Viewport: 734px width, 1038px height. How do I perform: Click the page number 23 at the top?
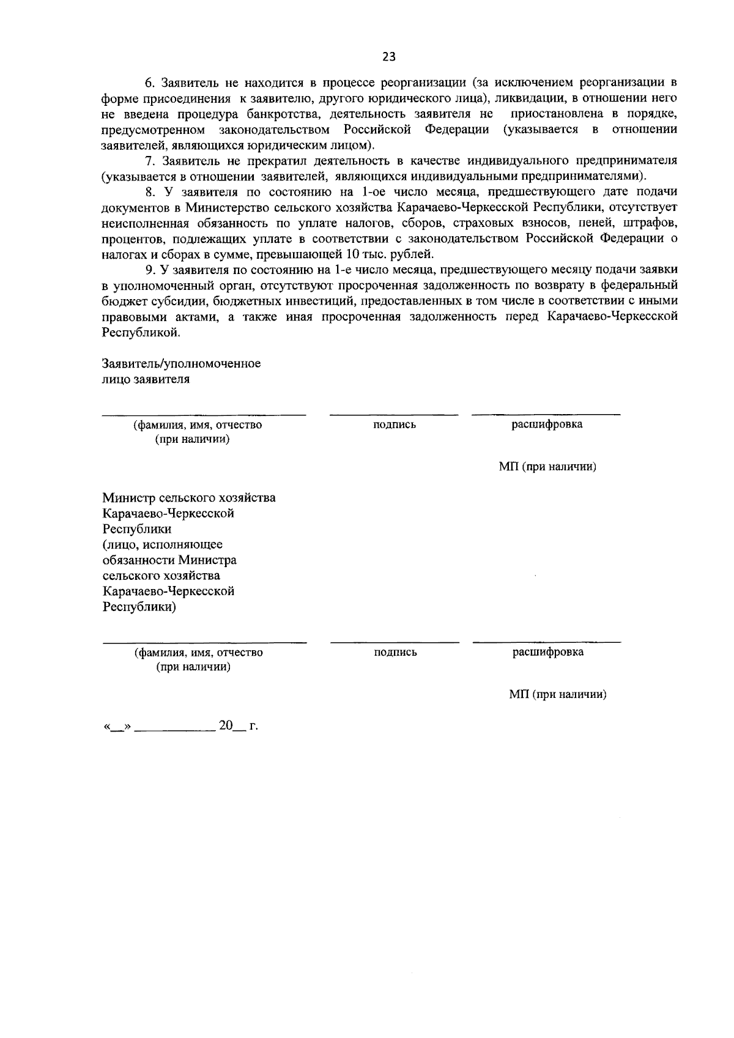click(x=388, y=57)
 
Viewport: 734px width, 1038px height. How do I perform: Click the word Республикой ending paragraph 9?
click(x=141, y=333)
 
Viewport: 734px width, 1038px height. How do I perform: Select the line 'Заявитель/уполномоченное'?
click(x=181, y=364)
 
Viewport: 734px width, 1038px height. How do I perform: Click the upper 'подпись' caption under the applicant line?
click(x=395, y=424)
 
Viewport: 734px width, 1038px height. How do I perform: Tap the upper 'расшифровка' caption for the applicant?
click(x=547, y=424)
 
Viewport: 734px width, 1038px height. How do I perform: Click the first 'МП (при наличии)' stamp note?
click(x=547, y=467)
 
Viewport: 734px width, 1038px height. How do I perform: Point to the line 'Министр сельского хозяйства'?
click(x=188, y=498)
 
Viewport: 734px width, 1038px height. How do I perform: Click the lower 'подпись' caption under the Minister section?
click(x=395, y=652)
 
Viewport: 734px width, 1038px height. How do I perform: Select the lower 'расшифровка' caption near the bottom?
click(x=547, y=652)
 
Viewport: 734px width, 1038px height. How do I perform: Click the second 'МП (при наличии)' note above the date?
click(x=557, y=695)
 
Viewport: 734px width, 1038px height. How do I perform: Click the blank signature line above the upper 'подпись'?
click(x=393, y=415)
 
